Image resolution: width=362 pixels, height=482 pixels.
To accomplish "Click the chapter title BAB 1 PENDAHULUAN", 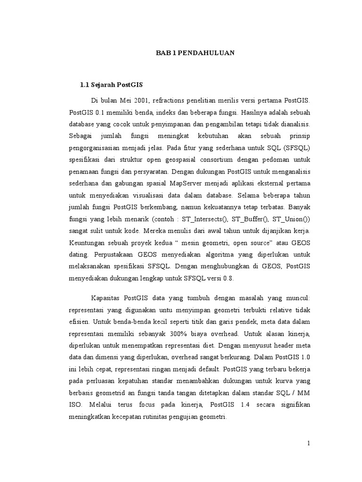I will tap(195, 54).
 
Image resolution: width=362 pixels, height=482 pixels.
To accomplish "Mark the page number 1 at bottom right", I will tap(309, 443).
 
